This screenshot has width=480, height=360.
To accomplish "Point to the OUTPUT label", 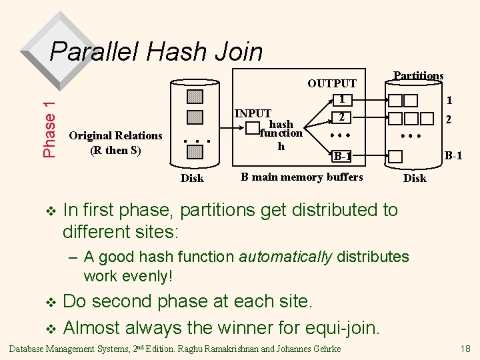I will pyautogui.click(x=331, y=83).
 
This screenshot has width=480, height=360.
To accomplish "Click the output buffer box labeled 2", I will pyautogui.click(x=341, y=117).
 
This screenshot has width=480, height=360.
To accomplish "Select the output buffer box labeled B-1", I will pyautogui.click(x=341, y=157).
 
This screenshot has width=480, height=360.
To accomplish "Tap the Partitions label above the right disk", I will pyautogui.click(x=418, y=75).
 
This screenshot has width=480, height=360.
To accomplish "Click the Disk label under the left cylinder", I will pyautogui.click(x=193, y=178).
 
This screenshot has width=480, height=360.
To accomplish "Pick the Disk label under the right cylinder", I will pyautogui.click(x=415, y=178).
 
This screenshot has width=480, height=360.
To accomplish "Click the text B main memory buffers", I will pyautogui.click(x=301, y=177).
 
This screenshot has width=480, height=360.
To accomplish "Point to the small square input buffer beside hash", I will pyautogui.click(x=253, y=127).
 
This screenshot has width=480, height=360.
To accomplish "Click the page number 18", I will pyautogui.click(x=465, y=349).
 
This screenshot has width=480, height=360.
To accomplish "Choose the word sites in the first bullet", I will pyautogui.click(x=157, y=231).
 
